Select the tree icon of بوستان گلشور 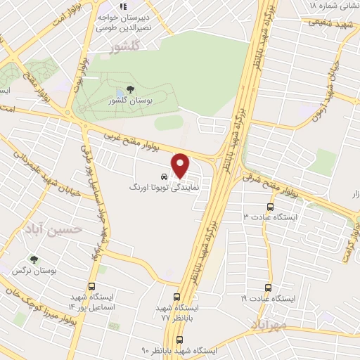click(130, 89)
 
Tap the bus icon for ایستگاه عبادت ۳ click(271, 206)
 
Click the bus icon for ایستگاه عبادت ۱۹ click(268, 288)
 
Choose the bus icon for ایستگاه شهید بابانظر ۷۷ click(179, 297)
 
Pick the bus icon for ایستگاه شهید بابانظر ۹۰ click(179, 339)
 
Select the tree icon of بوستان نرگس click(34, 259)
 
